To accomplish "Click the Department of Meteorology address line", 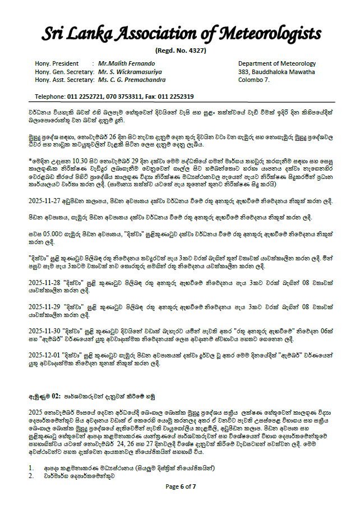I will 277,64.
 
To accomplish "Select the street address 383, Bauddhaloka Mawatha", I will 276,72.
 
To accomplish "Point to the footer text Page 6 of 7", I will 181,486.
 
